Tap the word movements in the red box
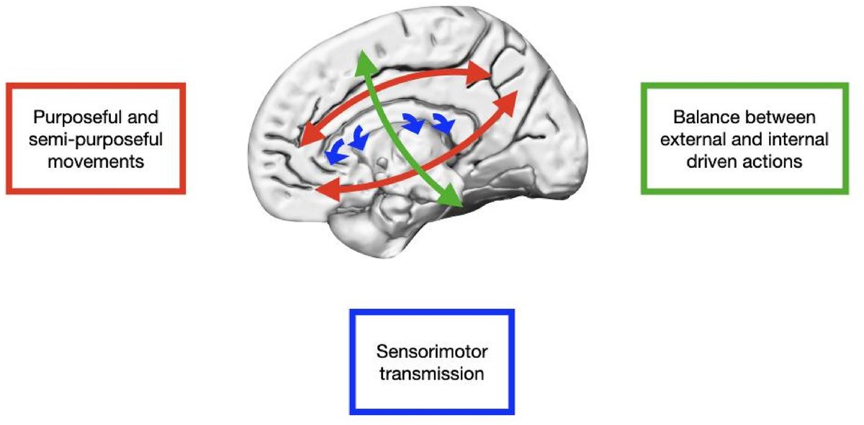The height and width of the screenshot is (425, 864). coord(96,160)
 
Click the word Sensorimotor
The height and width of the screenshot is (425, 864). coord(432,353)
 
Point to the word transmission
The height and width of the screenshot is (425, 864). coord(432,375)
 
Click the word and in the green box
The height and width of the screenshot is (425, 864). coord(755,138)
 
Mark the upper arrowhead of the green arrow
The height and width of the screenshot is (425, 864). coord(365,61)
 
